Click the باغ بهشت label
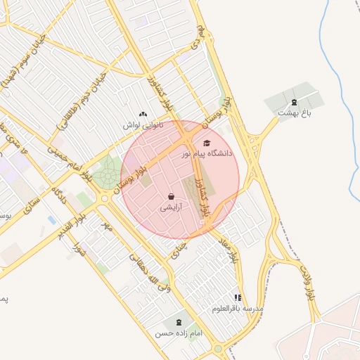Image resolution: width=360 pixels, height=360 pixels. click(294, 112)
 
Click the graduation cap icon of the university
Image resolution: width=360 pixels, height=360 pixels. click(207, 143)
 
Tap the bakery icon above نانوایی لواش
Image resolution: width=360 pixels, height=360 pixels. click(143, 114)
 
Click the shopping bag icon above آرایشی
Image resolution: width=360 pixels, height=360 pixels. click(171, 197)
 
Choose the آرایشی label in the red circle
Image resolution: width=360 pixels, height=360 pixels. click(171, 207)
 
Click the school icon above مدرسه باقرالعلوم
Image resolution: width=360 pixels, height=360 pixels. click(238, 298)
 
